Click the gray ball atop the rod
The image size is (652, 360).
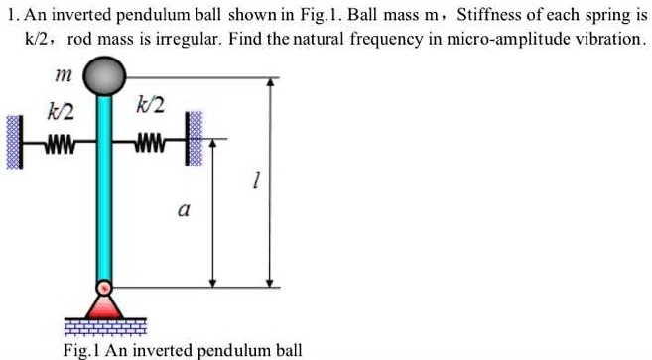[104, 75]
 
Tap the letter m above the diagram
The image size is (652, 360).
[53, 75]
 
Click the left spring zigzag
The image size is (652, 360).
[59, 141]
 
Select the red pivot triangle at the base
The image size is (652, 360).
[104, 294]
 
